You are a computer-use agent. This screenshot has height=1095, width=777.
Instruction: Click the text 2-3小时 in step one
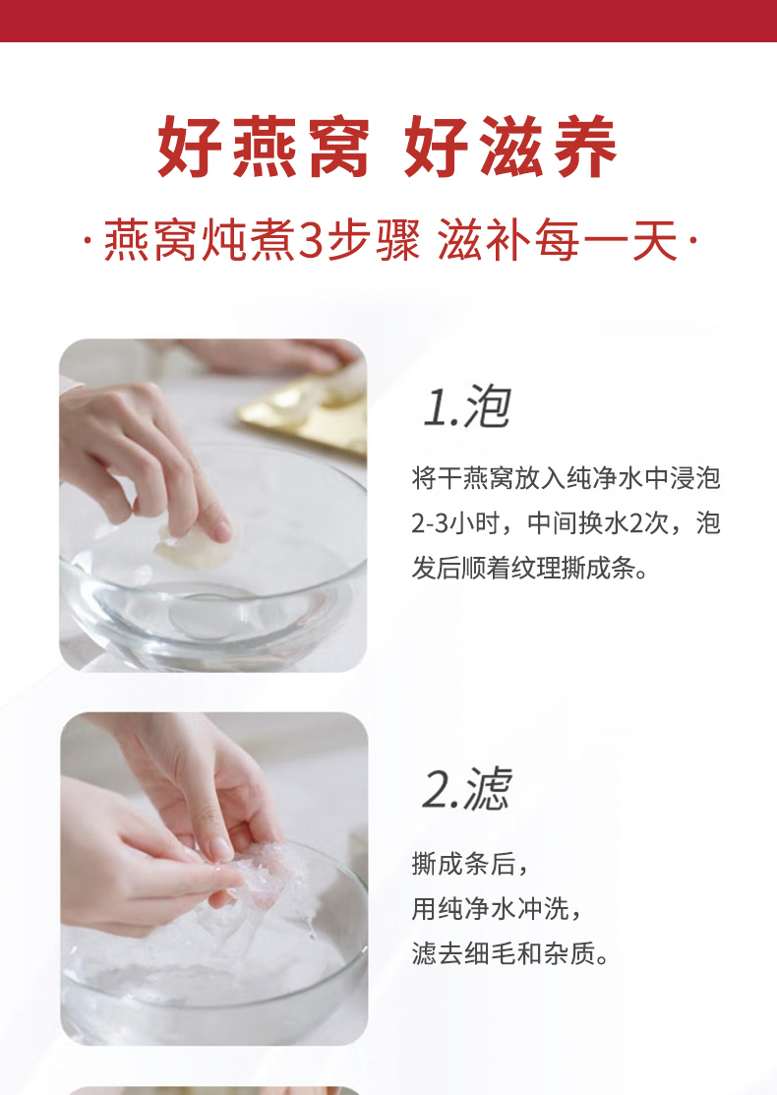pyautogui.click(x=455, y=523)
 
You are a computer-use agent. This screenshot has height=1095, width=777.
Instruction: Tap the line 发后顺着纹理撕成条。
pyautogui.click(x=530, y=568)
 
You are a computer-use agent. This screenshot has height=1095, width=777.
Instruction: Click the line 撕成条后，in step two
pyautogui.click(x=470, y=865)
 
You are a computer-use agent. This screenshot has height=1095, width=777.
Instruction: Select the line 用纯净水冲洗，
pyautogui.click(x=497, y=908)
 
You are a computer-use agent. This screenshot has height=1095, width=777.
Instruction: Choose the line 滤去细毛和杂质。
pyautogui.click(x=510, y=953)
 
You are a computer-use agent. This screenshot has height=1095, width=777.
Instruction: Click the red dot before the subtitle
pyautogui.click(x=88, y=242)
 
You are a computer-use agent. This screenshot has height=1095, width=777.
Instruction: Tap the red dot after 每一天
pyautogui.click(x=692, y=242)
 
